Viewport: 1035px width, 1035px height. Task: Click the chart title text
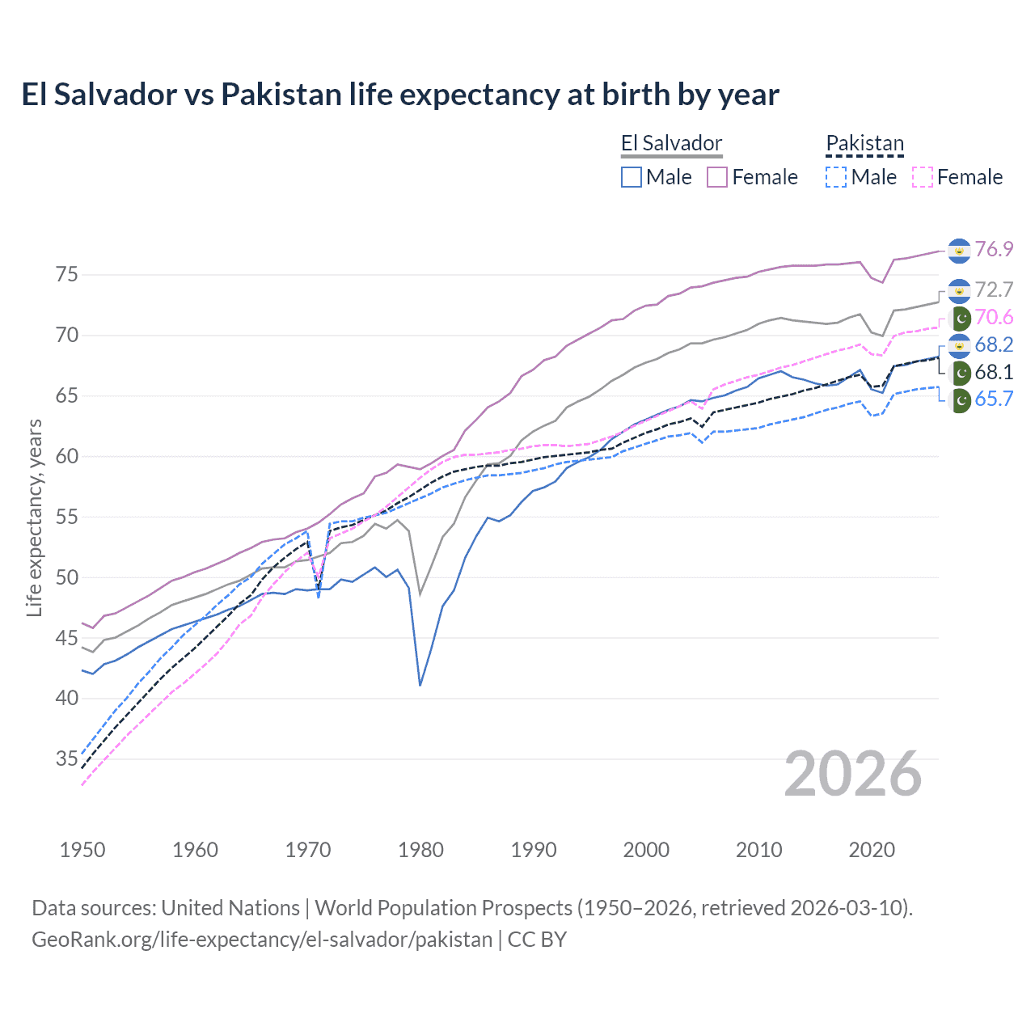400,95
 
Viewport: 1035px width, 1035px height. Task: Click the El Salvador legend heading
671,143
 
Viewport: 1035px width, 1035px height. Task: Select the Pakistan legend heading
864,143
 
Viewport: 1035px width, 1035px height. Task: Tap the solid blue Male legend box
632,177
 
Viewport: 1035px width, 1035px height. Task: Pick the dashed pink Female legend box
922,177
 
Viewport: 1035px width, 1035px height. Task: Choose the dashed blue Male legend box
836,177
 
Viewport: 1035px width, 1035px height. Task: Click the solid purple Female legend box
717,177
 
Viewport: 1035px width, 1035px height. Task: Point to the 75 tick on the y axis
67,275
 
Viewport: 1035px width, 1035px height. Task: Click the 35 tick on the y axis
67,758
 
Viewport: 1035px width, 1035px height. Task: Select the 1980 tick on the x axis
420,850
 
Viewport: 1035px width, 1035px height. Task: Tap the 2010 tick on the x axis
758,850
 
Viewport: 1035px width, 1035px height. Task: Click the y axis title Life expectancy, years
34,517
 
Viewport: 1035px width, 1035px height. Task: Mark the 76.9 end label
994,249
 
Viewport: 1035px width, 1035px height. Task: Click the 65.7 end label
994,399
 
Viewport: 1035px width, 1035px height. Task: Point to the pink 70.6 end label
994,317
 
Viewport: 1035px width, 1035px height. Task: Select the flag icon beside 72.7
959,290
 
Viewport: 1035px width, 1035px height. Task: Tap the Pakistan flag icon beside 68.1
961,373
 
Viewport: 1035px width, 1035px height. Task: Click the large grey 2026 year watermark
852,774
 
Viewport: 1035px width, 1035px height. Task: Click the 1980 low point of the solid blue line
420,685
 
